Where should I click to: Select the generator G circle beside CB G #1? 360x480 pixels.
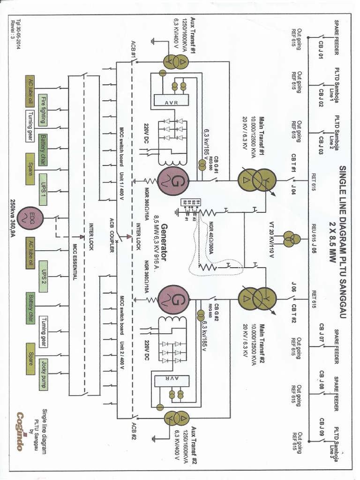[173, 180]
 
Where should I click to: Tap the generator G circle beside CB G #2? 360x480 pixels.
[173, 299]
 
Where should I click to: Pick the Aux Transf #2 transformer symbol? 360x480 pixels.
[175, 418]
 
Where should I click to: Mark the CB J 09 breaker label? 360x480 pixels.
[321, 427]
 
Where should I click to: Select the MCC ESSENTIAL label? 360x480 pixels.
[74, 262]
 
